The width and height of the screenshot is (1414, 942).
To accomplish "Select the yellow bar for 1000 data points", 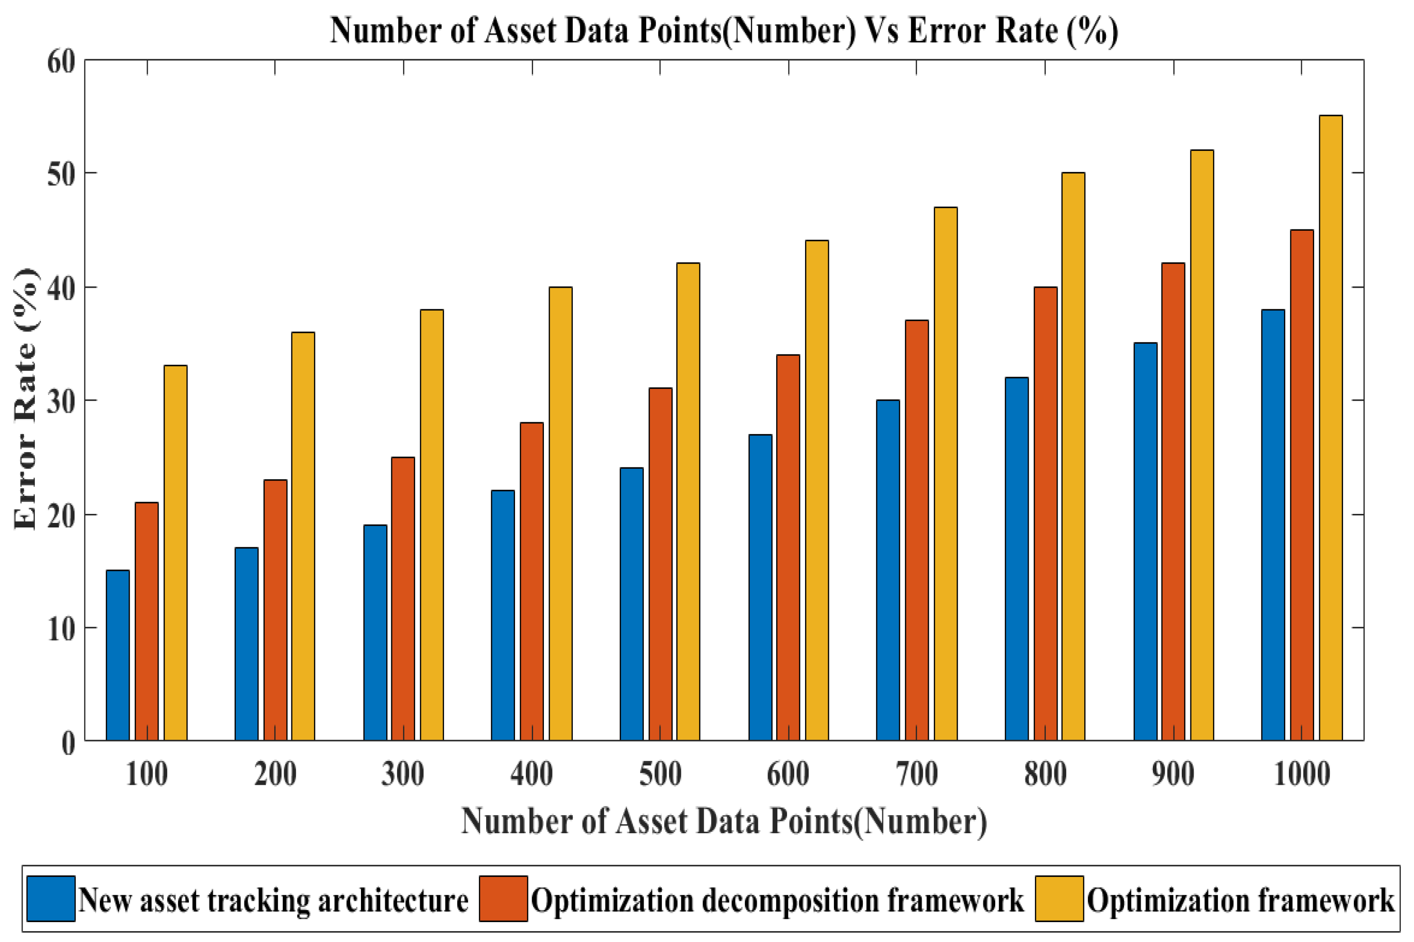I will point(1330,428).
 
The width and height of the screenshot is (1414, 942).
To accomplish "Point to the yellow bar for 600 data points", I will point(817,490).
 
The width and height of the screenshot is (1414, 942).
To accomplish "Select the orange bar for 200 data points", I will point(275,610).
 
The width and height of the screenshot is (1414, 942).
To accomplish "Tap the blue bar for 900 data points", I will point(1145,541).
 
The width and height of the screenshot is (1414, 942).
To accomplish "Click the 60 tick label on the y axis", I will point(61,61).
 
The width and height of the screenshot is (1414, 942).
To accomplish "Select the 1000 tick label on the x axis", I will point(1302,775).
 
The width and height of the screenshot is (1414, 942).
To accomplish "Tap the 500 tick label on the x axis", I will point(660,775).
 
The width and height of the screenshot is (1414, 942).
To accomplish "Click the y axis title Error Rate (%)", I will point(25,400).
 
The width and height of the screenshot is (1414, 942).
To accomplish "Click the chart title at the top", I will point(724,30).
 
